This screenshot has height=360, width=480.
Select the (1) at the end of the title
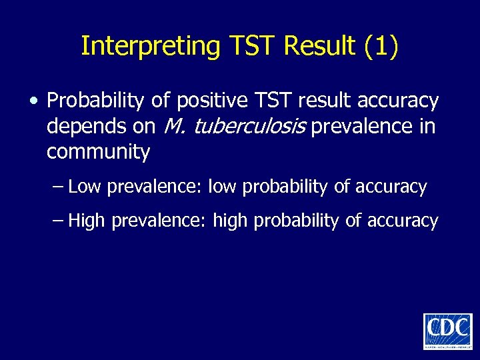pos(381,46)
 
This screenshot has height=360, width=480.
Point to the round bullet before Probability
pos(33,101)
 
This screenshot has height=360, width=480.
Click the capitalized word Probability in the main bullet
pos(89,101)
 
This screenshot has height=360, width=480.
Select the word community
pos(98,152)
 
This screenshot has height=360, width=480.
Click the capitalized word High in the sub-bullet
pos(87,221)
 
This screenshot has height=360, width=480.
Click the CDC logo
pos(447,331)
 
